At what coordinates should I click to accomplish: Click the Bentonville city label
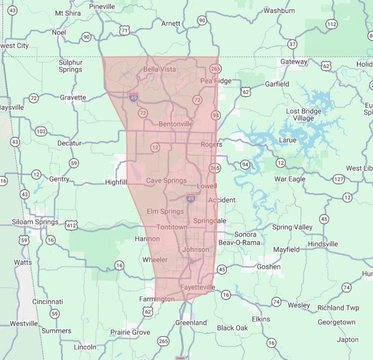pyautogui.click(x=176, y=124)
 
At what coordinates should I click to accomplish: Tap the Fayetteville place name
pyautogui.click(x=197, y=287)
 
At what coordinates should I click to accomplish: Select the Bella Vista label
pyautogui.click(x=159, y=69)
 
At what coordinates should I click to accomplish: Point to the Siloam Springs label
pyautogui.click(x=35, y=222)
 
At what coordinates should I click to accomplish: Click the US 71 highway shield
pyautogui.click(x=125, y=30)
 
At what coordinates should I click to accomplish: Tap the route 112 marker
pyautogui.click(x=332, y=24)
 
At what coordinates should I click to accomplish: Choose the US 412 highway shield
pyautogui.click(x=71, y=226)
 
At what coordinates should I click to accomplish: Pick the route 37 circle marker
pyautogui.click(x=292, y=44)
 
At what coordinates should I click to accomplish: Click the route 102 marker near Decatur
pyautogui.click(x=41, y=131)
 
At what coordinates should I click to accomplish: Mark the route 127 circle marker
pyautogui.click(x=339, y=179)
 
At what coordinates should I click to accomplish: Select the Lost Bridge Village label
pyautogui.click(x=303, y=115)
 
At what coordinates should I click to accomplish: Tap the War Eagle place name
pyautogui.click(x=290, y=179)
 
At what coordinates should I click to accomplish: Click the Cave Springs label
pyautogui.click(x=166, y=181)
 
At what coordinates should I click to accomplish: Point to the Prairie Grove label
pyautogui.click(x=130, y=332)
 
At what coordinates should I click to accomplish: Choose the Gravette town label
pyautogui.click(x=73, y=97)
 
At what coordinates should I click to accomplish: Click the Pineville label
pyautogui.click(x=102, y=6)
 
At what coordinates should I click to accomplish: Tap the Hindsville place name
pyautogui.click(x=323, y=244)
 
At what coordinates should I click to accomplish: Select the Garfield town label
pyautogui.click(x=277, y=84)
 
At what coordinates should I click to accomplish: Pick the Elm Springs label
pyautogui.click(x=165, y=211)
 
